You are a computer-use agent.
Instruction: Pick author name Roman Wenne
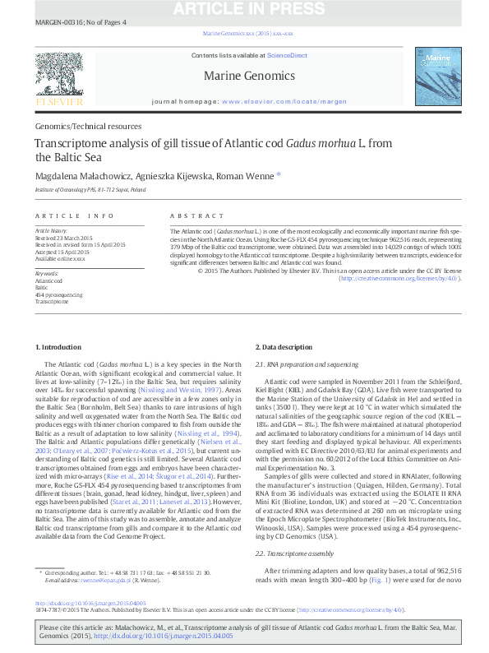[x=247, y=175]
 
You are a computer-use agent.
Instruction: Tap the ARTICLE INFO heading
[x=75, y=215]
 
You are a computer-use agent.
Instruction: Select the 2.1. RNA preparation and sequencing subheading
[x=307, y=364]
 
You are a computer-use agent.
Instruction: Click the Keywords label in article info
[x=47, y=272]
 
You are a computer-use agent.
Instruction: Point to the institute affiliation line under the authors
[x=90, y=189]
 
